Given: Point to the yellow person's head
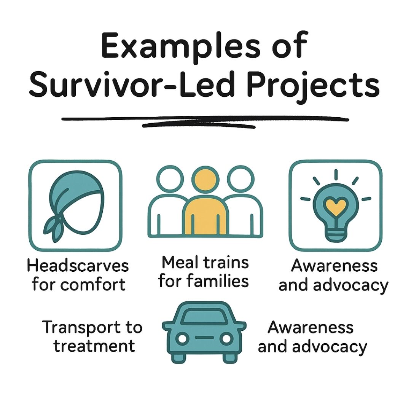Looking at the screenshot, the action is point(205,179).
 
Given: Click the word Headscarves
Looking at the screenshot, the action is point(78,266).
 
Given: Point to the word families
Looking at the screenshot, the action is point(217,281).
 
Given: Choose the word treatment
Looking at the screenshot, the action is point(94,346).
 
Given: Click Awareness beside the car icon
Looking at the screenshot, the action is point(311,328).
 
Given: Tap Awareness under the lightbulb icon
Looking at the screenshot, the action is point(334,266).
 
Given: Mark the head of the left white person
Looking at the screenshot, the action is point(170,179).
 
